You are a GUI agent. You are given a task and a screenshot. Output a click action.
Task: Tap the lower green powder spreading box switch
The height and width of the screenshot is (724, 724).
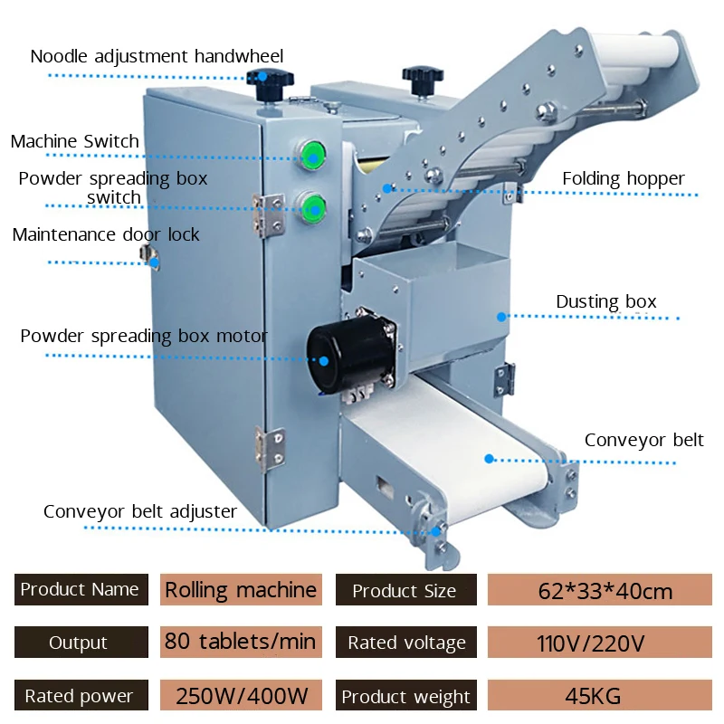tap(313, 208)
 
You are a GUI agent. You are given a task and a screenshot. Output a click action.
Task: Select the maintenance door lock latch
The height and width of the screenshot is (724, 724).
tap(149, 256)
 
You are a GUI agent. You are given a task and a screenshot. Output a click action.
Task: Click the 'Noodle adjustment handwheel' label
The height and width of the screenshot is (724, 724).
tap(157, 56)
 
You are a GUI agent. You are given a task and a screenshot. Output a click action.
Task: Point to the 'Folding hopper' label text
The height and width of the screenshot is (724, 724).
tap(623, 178)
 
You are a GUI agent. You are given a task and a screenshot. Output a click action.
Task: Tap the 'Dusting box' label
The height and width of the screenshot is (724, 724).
tap(605, 301)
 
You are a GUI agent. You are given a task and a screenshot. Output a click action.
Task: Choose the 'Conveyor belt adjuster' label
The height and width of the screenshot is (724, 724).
tap(140, 511)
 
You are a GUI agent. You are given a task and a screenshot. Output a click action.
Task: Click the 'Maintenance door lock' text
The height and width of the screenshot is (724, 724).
tap(106, 234)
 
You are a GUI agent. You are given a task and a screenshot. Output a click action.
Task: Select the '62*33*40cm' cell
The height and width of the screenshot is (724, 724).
tap(600, 590)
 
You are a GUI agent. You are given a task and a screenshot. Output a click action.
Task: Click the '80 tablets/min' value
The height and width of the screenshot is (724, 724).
tap(241, 642)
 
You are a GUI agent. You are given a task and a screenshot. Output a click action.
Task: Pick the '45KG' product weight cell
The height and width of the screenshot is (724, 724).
tap(600, 695)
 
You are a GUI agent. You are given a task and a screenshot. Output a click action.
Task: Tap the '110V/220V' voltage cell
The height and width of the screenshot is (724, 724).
tap(600, 642)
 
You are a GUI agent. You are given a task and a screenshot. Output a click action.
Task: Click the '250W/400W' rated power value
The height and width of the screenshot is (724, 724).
tap(241, 695)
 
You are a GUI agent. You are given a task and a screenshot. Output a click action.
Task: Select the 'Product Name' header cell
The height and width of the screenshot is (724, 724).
tap(81, 590)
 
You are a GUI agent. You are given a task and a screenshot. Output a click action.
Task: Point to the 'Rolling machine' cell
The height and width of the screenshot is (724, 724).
tap(241, 590)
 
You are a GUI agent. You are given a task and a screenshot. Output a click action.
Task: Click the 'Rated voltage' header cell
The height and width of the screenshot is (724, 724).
tap(405, 642)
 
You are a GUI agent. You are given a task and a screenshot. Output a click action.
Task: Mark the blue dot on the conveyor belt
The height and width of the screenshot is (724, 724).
tap(490, 459)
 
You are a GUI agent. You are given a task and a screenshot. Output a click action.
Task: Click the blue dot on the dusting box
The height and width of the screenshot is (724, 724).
tap(501, 317)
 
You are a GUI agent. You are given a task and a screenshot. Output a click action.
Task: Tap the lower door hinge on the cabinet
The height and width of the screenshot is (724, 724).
tap(271, 448)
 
